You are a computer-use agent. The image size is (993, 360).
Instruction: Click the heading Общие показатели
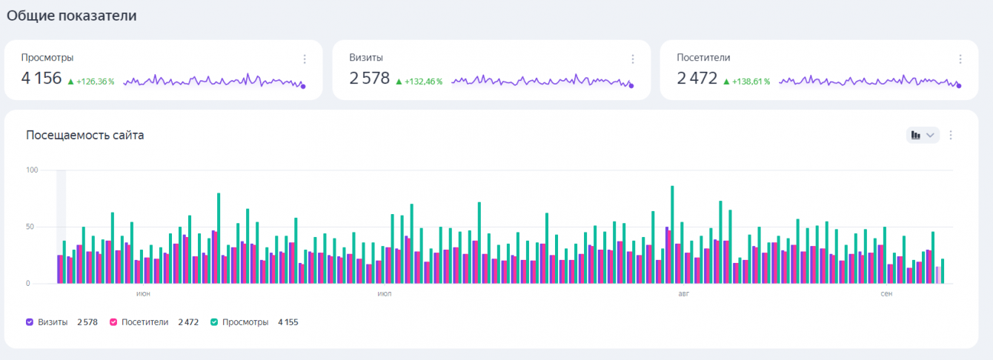click(72, 16)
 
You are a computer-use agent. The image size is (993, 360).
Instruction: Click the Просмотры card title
click(47, 58)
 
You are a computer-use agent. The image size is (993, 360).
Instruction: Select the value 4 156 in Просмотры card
click(41, 78)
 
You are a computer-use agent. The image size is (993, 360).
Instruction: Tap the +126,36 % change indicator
click(91, 81)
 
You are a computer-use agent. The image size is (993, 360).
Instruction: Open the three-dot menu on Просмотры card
click(305, 59)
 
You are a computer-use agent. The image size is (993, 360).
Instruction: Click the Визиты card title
click(366, 58)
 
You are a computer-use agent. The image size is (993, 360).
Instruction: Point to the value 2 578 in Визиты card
click(369, 78)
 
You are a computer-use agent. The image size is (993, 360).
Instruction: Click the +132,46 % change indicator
click(419, 81)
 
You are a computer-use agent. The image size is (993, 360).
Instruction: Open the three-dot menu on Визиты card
click(632, 59)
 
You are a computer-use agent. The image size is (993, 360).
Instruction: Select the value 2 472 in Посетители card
click(697, 78)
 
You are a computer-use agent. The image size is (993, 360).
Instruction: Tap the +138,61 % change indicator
click(746, 81)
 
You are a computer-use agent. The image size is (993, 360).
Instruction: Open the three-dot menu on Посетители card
click(960, 59)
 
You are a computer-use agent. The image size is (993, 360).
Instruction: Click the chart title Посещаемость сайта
click(84, 135)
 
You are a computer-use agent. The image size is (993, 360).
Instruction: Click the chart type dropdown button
click(923, 135)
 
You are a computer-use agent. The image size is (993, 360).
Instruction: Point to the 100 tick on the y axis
click(32, 170)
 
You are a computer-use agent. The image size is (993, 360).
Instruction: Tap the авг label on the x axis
click(683, 294)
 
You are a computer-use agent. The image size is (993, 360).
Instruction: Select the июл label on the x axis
click(385, 294)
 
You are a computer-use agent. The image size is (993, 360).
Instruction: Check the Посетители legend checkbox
click(114, 322)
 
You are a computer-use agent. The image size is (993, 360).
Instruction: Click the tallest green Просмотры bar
click(672, 234)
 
